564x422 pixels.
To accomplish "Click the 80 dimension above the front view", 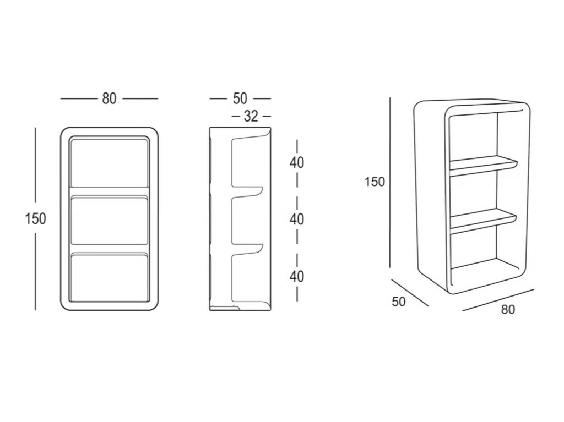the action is click(x=109, y=98).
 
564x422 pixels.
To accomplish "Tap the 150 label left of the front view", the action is click(x=36, y=218).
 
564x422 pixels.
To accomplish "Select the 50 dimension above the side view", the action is click(x=240, y=98).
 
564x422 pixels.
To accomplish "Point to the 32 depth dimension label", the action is click(x=251, y=117).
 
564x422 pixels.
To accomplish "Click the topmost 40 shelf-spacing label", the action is click(x=297, y=162).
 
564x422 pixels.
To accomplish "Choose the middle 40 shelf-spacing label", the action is click(x=297, y=219).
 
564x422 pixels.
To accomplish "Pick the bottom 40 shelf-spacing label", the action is click(x=297, y=276).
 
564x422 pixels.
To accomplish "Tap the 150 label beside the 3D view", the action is click(x=375, y=182).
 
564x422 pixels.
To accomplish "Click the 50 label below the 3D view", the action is click(x=399, y=302).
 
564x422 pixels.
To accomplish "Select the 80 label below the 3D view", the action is click(x=508, y=309).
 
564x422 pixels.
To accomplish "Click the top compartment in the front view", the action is click(x=110, y=163).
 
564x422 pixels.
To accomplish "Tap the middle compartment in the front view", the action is click(x=110, y=220).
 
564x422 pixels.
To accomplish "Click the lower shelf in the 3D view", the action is click(x=483, y=220).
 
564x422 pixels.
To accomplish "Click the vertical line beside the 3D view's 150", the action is click(x=390, y=183).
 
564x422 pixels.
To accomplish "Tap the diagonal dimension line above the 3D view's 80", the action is click(x=498, y=300).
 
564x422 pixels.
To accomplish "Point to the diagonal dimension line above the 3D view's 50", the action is click(x=410, y=293).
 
